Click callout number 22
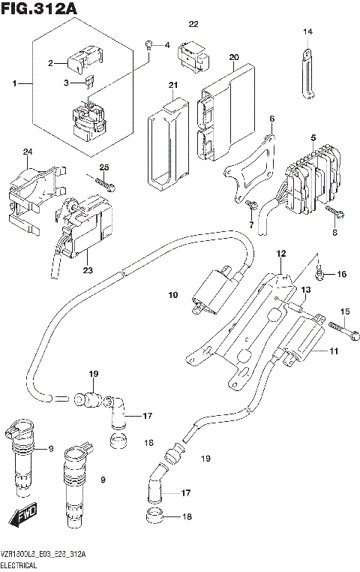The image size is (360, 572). click(193, 24)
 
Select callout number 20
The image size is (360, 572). click(233, 57)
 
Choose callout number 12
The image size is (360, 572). click(280, 256)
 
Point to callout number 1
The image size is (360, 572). click(13, 82)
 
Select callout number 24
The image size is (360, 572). click(28, 152)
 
